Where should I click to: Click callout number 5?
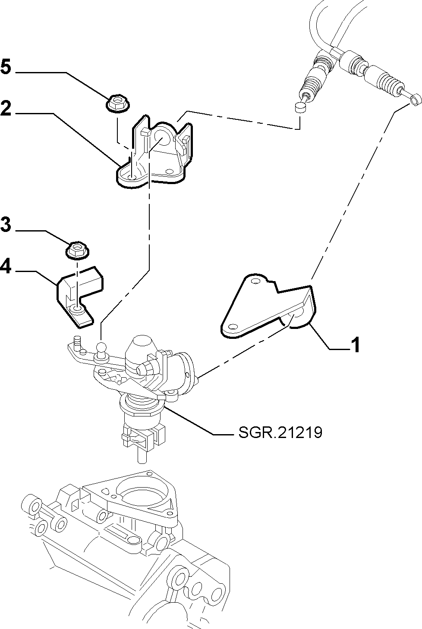[x=6, y=67]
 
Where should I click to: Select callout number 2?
[x=6, y=108]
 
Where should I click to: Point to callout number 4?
[x=6, y=266]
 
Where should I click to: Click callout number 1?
[x=356, y=344]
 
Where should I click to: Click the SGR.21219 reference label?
[x=280, y=432]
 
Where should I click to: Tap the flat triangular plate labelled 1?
[x=267, y=306]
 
